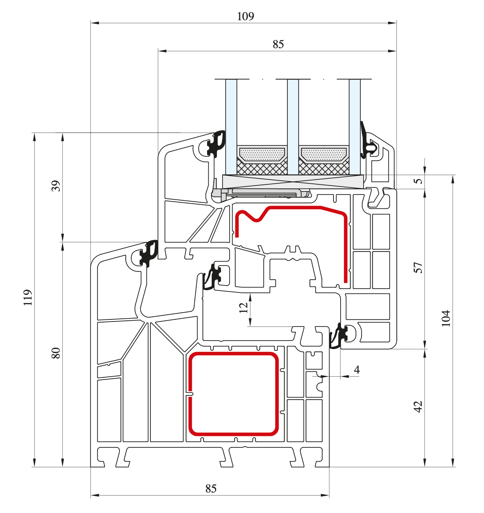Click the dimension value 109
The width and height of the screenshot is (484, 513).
pos(245,16)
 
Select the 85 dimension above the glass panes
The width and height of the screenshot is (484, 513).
pos(278,44)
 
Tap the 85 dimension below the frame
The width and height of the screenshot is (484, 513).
pos(211,488)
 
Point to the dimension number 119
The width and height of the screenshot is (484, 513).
pos(28,297)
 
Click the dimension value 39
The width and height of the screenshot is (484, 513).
pos(56,186)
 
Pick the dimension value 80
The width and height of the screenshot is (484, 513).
pos(56,353)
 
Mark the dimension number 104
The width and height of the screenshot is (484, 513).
pos(446,318)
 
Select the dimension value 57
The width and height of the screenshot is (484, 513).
pos(418,268)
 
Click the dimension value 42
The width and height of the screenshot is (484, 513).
pos(418,406)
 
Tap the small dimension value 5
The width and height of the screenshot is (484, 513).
pos(418,181)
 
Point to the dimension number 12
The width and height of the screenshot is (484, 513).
pos(243,308)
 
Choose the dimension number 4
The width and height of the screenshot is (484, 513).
pos(357,370)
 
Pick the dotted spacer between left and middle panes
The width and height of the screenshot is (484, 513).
pos(262,155)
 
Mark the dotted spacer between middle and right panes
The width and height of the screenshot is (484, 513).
pos(323,155)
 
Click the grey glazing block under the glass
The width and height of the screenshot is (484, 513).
pos(293,182)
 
